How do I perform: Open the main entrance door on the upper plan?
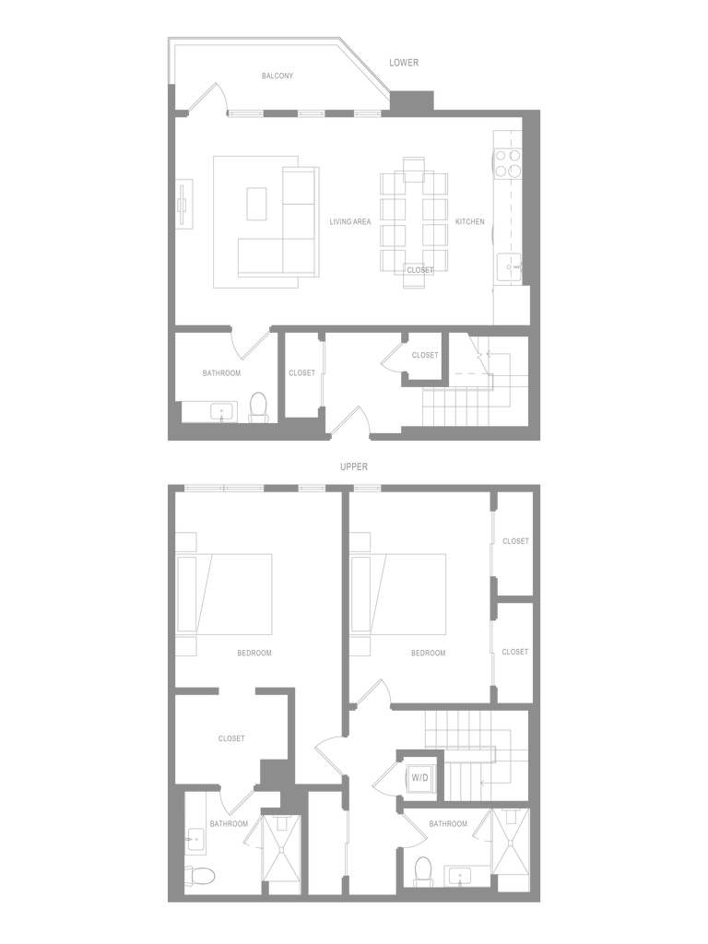(x=349, y=419)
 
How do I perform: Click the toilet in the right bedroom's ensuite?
(x=423, y=870)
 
